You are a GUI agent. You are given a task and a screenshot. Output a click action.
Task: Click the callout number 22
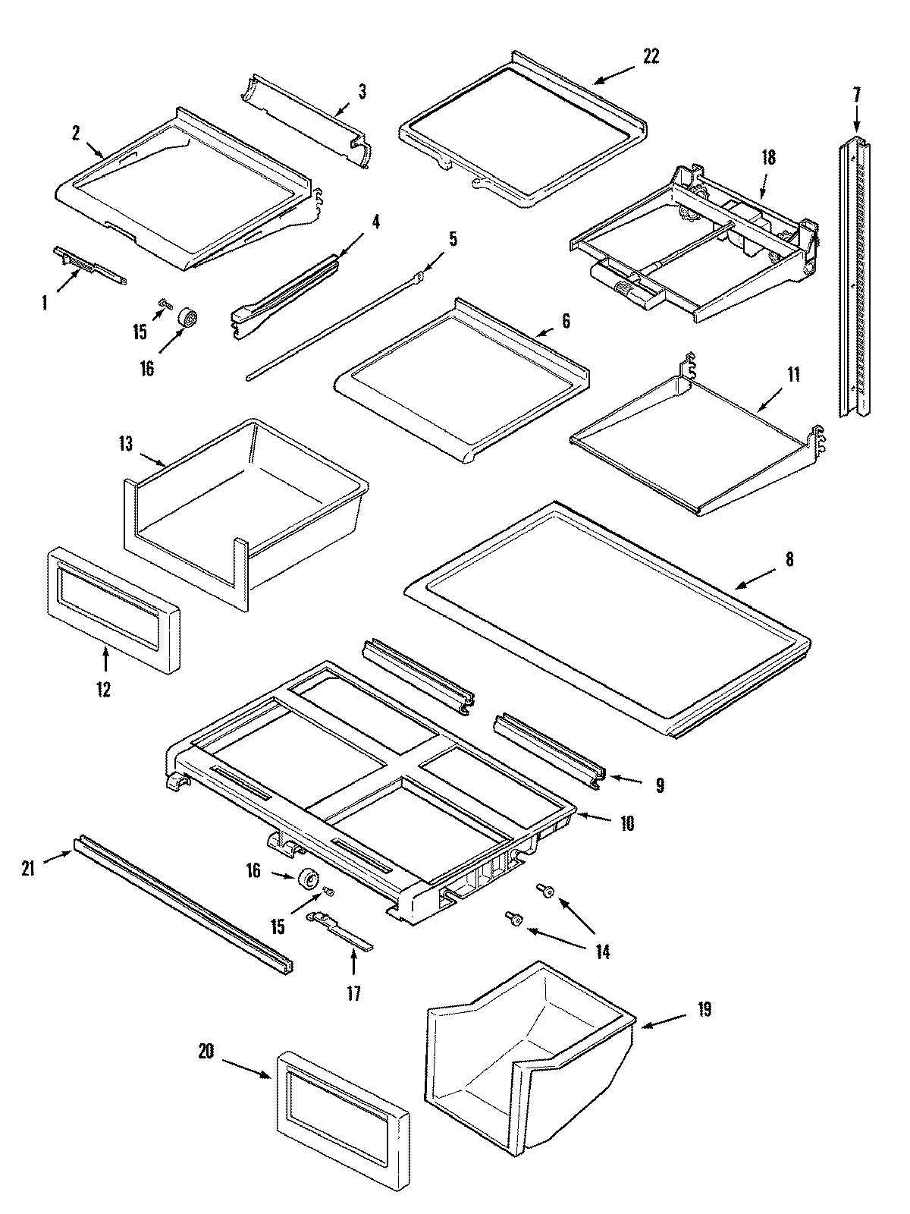[651, 56]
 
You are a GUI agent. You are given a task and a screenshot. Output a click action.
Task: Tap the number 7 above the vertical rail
[856, 95]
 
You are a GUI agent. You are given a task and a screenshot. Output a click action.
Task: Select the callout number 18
[768, 158]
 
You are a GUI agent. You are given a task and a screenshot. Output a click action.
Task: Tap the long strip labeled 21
[182, 903]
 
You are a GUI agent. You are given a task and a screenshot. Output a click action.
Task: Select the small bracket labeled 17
[340, 929]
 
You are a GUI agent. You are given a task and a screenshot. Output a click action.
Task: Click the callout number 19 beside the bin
[704, 1010]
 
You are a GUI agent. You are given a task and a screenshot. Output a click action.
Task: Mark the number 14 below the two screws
[602, 951]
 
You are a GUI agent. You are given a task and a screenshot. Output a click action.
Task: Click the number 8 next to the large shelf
[789, 559]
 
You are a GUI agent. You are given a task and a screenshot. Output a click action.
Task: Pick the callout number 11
[792, 375]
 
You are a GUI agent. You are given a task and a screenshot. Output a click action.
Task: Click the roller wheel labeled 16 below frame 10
[309, 880]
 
